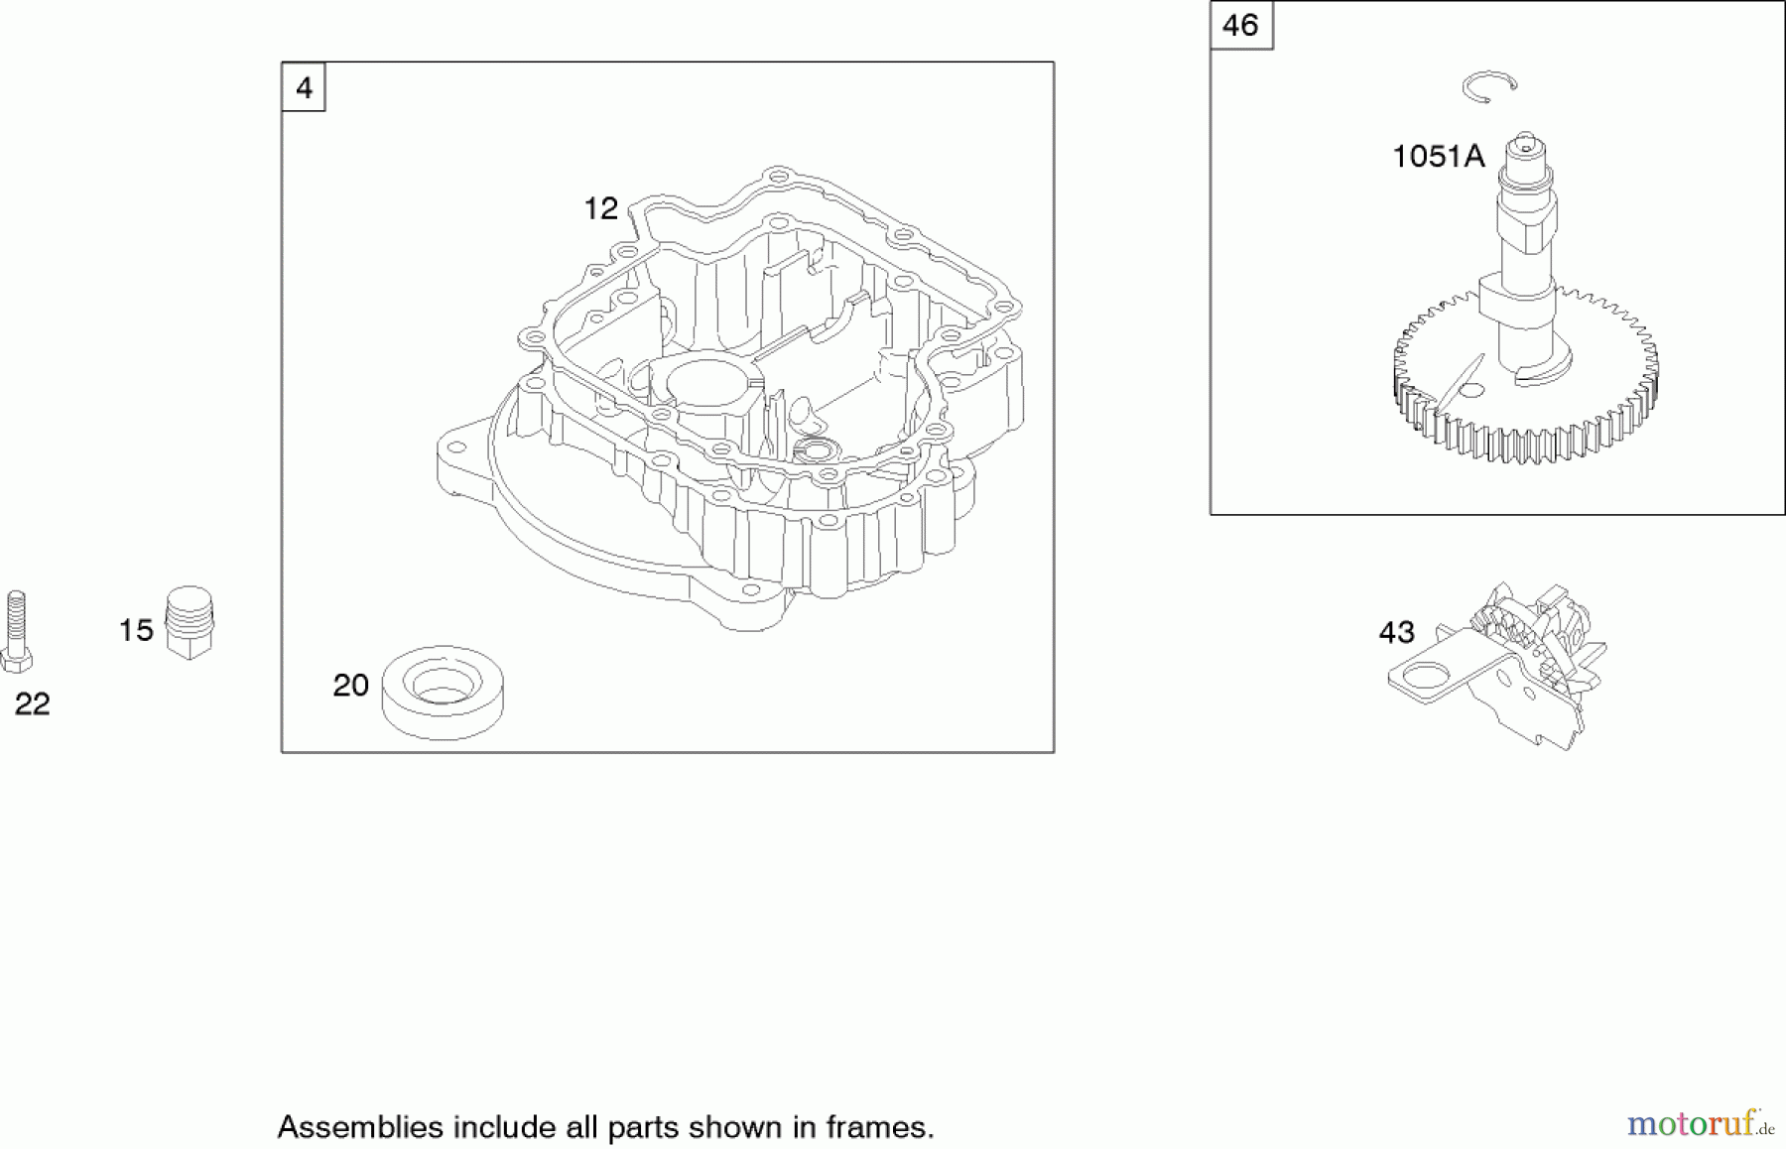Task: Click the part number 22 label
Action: [x=32, y=703]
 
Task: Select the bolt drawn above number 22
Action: [x=16, y=631]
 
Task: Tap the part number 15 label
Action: [x=136, y=630]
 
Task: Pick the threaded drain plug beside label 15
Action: [x=190, y=622]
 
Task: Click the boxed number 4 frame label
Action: [x=304, y=87]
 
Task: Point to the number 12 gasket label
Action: [x=600, y=208]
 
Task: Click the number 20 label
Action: [x=350, y=685]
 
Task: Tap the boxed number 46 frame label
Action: [x=1241, y=25]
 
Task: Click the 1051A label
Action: [x=1438, y=156]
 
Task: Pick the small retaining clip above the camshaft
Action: [x=1488, y=86]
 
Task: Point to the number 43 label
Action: [x=1396, y=632]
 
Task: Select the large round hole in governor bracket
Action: [x=1426, y=678]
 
